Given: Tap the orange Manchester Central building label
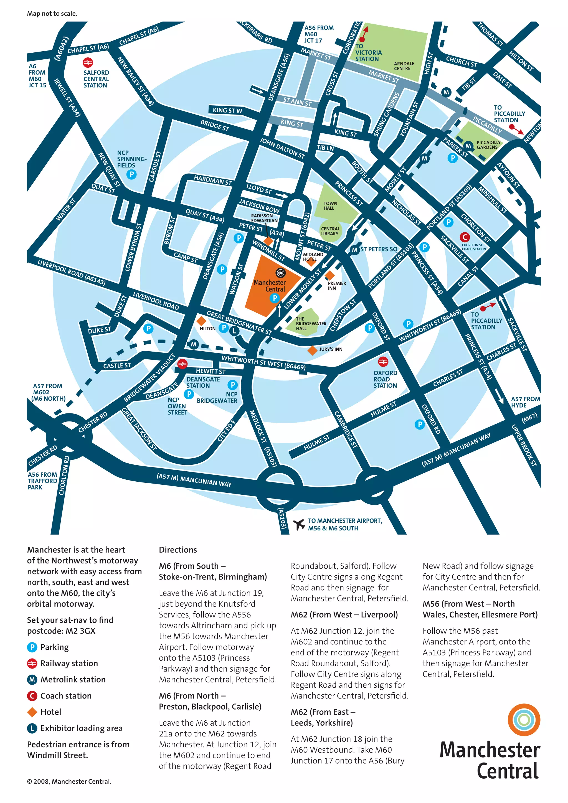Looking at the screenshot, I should (x=270, y=286).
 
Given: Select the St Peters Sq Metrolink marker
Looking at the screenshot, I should (x=355, y=250).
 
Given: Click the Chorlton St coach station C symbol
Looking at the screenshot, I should (x=465, y=237).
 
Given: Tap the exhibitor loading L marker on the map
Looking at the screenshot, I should (x=234, y=331).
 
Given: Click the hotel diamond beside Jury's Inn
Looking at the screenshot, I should (x=312, y=350).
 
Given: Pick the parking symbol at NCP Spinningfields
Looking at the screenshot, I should (x=131, y=174).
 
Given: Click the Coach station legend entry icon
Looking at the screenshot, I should (x=32, y=696).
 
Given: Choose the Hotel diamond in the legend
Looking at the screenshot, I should (x=32, y=712).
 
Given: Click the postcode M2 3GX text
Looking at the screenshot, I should (x=61, y=631).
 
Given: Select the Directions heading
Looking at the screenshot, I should (x=178, y=550).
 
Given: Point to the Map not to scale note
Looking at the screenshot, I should (x=52, y=14).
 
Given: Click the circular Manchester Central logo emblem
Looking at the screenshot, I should (x=524, y=720).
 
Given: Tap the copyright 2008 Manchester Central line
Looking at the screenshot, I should (x=69, y=781).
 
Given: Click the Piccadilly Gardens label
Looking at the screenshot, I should (x=488, y=145).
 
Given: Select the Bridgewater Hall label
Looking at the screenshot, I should (x=311, y=324).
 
